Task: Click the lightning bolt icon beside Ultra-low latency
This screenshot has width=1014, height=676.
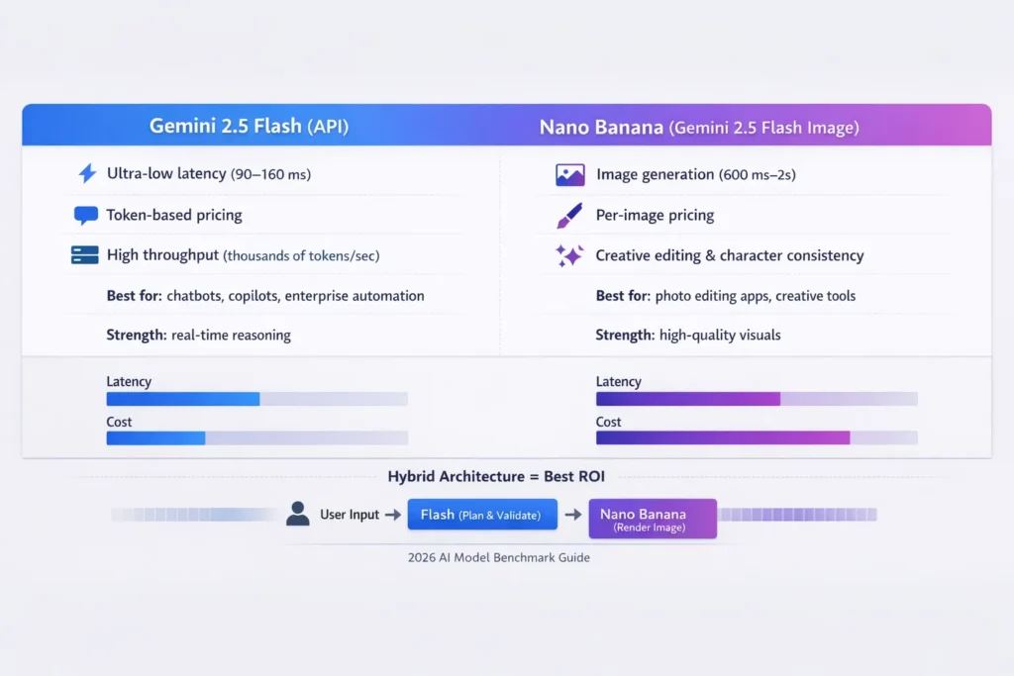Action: pos(86,174)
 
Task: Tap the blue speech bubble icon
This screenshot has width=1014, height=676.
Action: pos(85,215)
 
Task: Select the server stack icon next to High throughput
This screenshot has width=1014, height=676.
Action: pos(85,255)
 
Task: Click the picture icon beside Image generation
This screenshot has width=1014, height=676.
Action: pos(569,175)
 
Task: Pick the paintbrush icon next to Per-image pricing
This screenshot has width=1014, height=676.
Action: pos(569,215)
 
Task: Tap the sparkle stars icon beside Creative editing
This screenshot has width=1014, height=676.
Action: pos(569,255)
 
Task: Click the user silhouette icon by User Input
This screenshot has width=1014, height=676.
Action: pos(297,514)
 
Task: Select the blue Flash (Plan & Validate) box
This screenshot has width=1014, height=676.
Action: pos(482,515)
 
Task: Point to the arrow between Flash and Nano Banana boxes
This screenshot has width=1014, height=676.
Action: pos(573,515)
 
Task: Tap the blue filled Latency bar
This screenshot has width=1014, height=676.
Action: pos(182,399)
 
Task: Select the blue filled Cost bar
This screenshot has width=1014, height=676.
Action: pos(155,437)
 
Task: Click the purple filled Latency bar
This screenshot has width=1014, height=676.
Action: pos(687,399)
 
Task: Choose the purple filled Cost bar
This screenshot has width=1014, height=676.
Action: pos(722,437)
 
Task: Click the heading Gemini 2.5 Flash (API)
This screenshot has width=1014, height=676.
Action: pos(249,127)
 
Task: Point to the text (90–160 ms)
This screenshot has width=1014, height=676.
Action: pos(270,175)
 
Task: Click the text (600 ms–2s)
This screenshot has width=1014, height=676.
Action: pos(758,175)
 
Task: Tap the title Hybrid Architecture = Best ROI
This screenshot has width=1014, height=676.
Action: pos(496,476)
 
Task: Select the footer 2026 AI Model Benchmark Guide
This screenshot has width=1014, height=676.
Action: pos(498,557)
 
